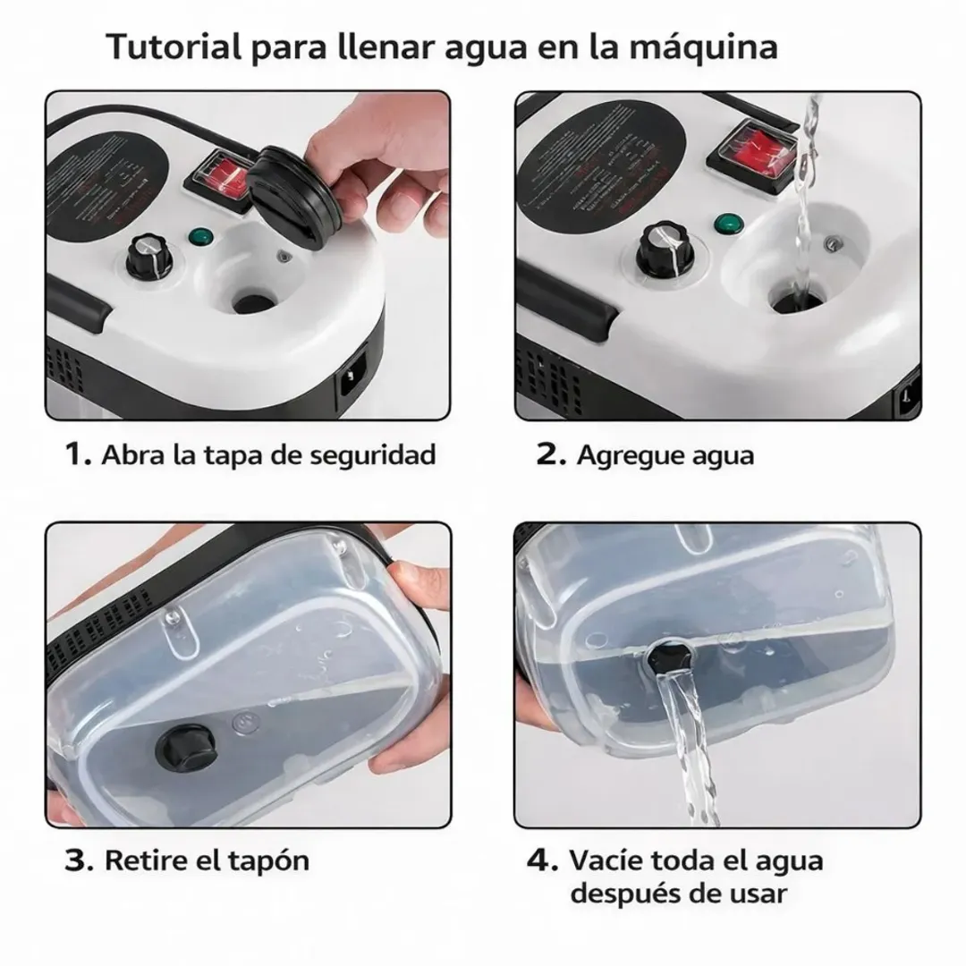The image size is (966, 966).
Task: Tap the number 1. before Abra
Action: [78, 454]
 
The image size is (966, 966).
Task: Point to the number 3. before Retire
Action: [78, 860]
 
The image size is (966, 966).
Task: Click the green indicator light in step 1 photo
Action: [199, 238]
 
